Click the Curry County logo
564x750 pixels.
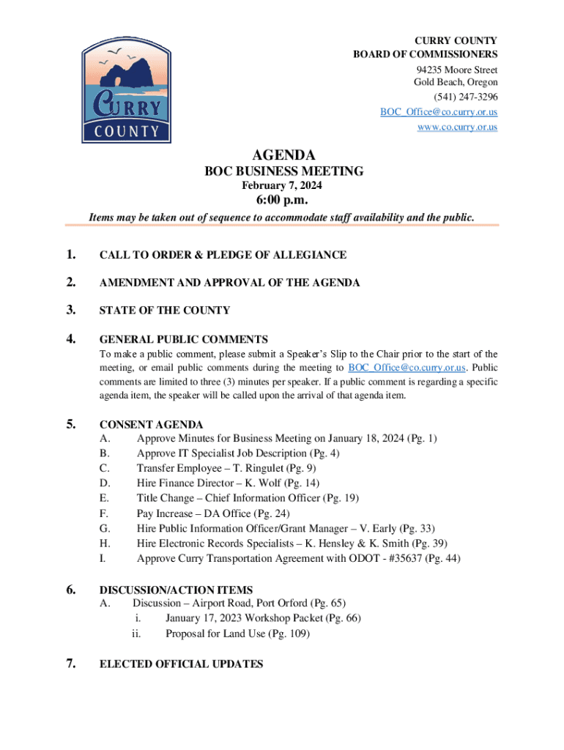[x=126, y=91]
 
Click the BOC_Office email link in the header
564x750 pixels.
[x=438, y=112]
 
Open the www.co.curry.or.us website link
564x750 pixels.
[x=457, y=127]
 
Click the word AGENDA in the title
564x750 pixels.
[x=283, y=155]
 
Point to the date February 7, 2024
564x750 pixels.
[x=283, y=186]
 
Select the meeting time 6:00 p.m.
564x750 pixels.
[x=282, y=201]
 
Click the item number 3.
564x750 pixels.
[x=71, y=310]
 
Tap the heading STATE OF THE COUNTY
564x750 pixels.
[x=164, y=311]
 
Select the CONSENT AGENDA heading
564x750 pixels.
[x=151, y=425]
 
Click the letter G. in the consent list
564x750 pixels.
[x=105, y=528]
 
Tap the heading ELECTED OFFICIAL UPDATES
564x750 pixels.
[x=181, y=664]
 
